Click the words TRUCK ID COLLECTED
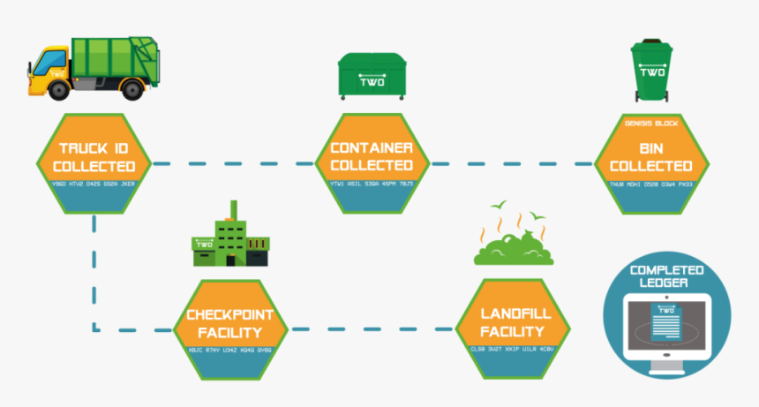click(94, 156)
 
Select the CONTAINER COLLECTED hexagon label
click(372, 156)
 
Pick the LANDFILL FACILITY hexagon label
click(513, 322)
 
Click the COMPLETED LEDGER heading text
click(666, 275)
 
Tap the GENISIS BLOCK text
click(650, 124)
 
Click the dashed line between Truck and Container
click(234, 163)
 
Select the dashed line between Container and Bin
click(512, 163)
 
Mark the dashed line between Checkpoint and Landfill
click(372, 330)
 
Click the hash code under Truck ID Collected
click(94, 184)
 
